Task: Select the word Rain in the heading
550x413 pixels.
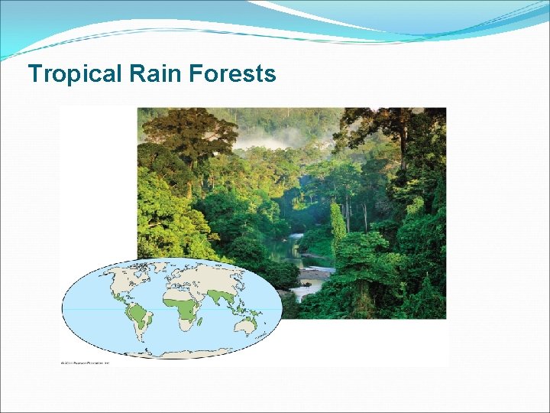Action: [x=150, y=74]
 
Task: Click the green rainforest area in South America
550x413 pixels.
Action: [x=138, y=313]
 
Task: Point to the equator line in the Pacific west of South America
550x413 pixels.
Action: [x=92, y=309]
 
